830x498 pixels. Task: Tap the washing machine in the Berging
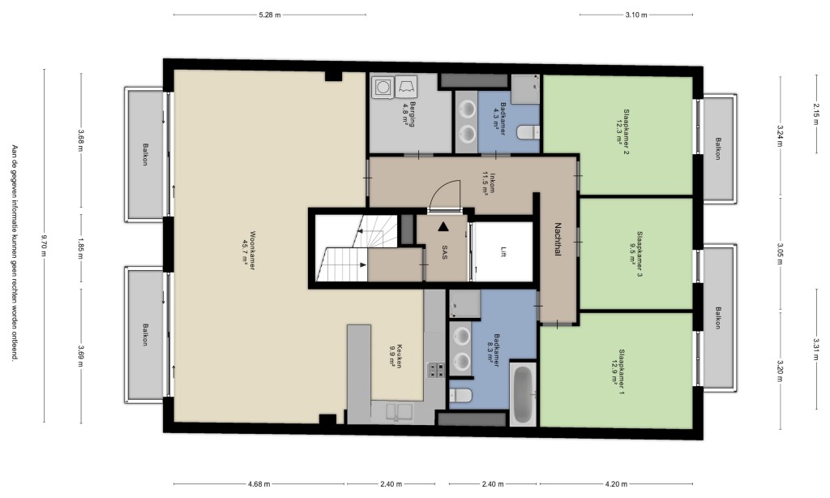click(x=381, y=86)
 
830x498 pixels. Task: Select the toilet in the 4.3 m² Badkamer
click(x=528, y=131)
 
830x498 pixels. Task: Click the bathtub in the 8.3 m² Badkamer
click(x=523, y=393)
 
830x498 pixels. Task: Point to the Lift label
click(x=503, y=252)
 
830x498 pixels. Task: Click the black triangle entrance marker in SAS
click(x=443, y=227)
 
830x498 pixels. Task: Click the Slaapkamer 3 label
click(x=640, y=255)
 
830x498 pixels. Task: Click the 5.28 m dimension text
click(x=269, y=15)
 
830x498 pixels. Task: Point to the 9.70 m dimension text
click(x=45, y=246)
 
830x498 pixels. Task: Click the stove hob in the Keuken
click(x=436, y=369)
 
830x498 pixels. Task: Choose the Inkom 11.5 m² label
click(x=489, y=183)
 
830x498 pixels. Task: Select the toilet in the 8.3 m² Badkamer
click(x=460, y=395)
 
